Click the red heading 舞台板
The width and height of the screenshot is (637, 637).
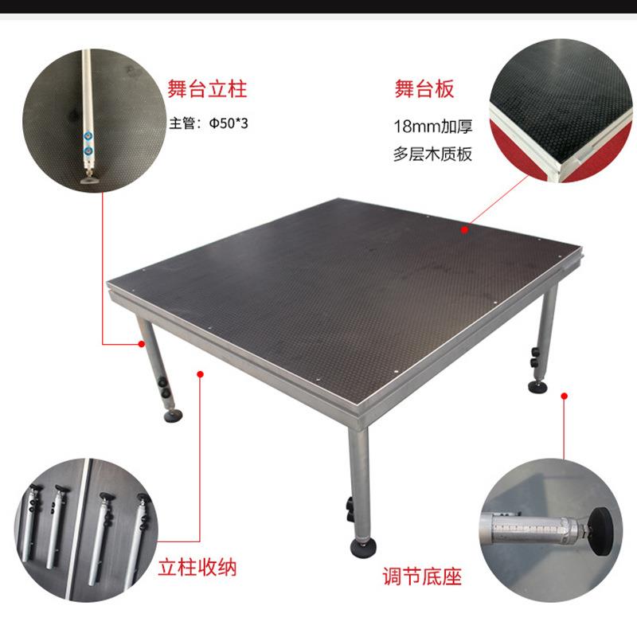pos(424,88)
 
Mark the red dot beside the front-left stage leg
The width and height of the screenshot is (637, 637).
pos(141,344)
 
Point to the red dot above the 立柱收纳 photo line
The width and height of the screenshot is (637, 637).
pos(199,371)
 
